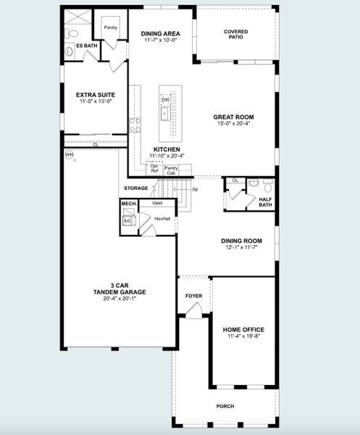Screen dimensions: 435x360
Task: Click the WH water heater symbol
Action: click(x=70, y=155)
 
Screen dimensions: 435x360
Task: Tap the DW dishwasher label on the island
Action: click(x=175, y=99)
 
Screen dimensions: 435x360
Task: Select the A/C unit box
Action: click(x=127, y=222)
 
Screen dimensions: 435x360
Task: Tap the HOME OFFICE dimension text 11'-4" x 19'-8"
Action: click(x=243, y=336)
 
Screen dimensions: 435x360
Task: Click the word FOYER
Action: click(x=193, y=296)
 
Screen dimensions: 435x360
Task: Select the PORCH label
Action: click(x=225, y=406)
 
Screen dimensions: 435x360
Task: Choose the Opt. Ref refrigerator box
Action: click(x=154, y=169)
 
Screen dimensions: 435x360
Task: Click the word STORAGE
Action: click(x=135, y=188)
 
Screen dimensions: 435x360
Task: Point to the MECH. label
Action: click(x=129, y=204)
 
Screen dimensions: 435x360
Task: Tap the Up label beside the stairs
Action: click(x=195, y=189)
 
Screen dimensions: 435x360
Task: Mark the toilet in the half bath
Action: click(x=265, y=183)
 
